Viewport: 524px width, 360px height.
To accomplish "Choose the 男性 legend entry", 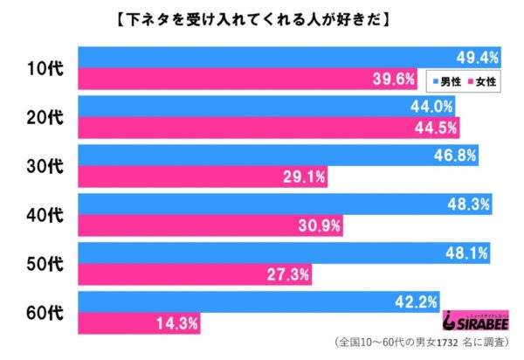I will point(446,80).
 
